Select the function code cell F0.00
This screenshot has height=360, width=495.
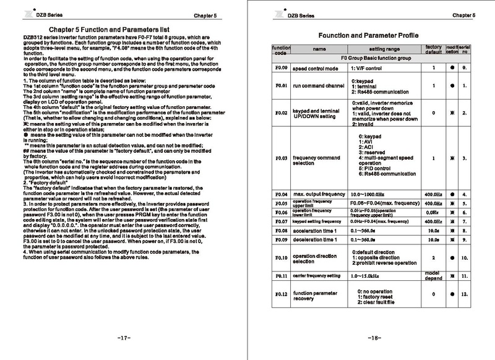click(281, 67)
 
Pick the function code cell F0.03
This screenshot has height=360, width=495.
click(281, 158)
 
